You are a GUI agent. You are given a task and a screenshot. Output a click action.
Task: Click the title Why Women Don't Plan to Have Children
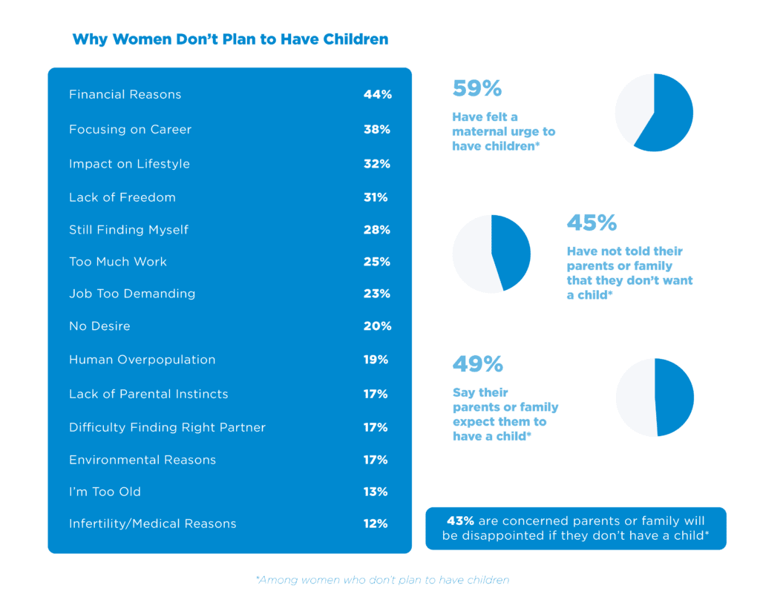[x=230, y=39]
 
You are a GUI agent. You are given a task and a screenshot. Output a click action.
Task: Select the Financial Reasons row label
[x=125, y=95]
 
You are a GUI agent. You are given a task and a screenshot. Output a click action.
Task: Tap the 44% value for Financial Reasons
[x=376, y=95]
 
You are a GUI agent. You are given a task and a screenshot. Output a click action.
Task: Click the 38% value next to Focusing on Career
[x=376, y=130]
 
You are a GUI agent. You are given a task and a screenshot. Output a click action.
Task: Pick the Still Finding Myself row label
[x=128, y=230]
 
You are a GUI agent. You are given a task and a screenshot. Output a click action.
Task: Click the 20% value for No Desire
[x=376, y=326]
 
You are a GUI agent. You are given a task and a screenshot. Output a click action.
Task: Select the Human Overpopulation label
[x=142, y=360]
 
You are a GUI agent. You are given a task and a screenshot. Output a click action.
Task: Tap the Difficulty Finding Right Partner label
[x=167, y=428]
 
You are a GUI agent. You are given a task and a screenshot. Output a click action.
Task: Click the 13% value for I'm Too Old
[x=376, y=492]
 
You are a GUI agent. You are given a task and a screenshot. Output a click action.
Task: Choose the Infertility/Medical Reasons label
[x=152, y=524]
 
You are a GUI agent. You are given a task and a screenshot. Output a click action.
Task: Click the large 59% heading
[x=477, y=89]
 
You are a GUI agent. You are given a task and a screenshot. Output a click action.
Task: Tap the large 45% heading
[x=592, y=223]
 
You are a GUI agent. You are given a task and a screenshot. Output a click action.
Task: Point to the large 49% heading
[x=477, y=365]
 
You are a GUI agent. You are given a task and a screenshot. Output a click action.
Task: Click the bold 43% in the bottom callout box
[x=459, y=521]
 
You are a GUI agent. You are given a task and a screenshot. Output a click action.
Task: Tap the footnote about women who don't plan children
[x=382, y=580]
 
